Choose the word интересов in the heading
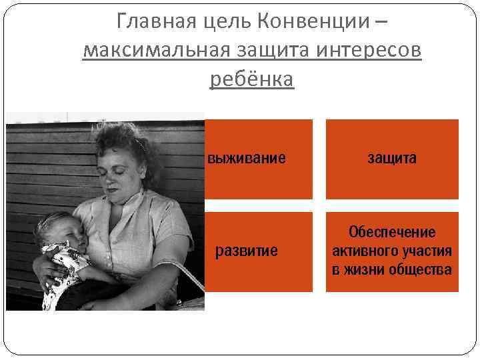[x=369, y=51]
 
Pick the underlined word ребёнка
[x=251, y=79]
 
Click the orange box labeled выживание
[x=258, y=159]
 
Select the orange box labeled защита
[x=392, y=159]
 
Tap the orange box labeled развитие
[x=258, y=251]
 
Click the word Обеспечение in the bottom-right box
[x=392, y=233]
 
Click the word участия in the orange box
[x=427, y=251]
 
